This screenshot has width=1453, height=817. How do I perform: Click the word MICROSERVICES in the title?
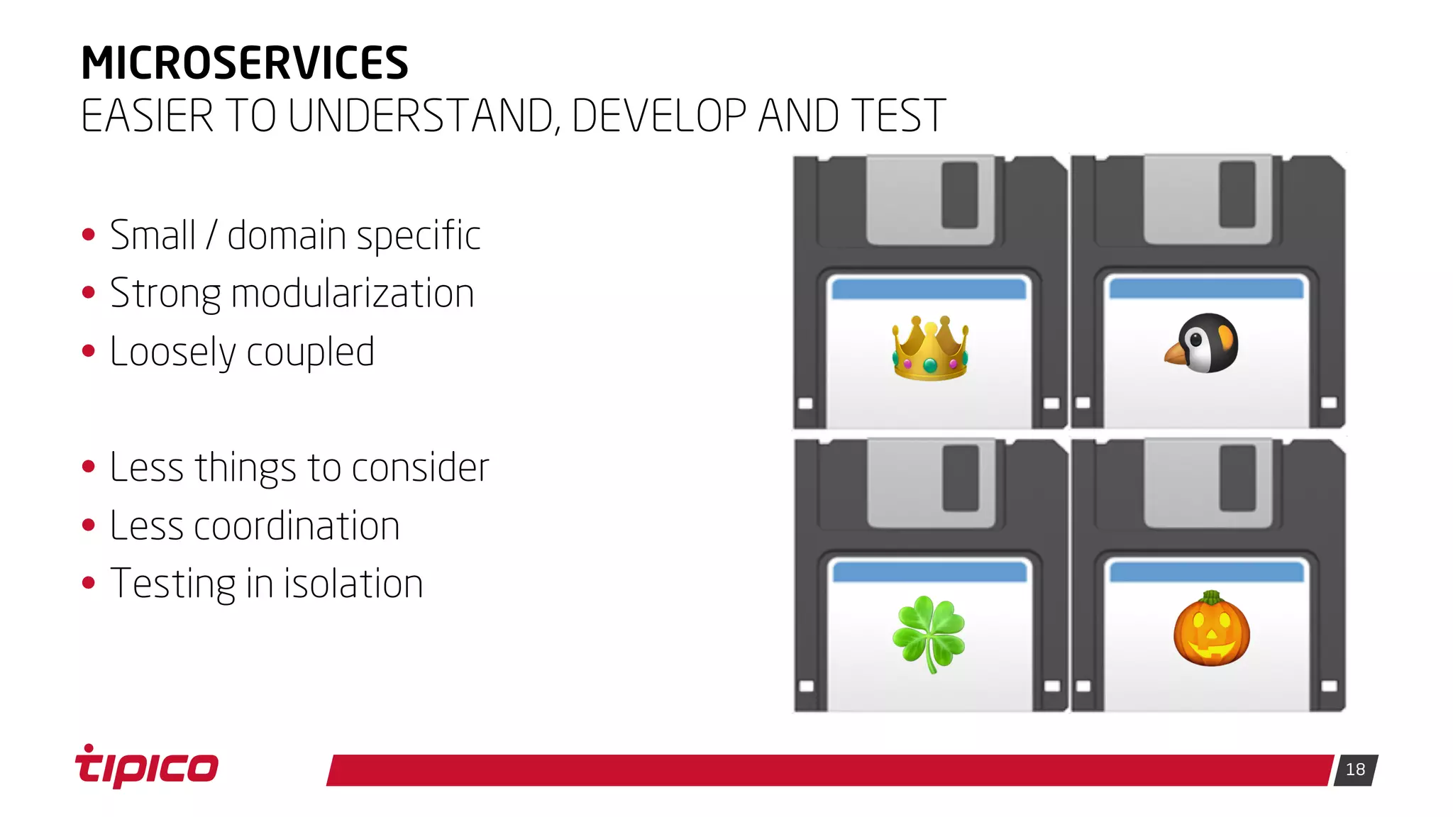pos(245,63)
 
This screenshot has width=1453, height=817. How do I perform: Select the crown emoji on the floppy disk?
pos(930,349)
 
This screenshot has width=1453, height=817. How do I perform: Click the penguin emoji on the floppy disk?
pos(1203,344)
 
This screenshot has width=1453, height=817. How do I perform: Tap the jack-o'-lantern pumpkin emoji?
pos(1211,630)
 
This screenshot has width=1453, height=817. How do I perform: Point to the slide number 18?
pos(1355,769)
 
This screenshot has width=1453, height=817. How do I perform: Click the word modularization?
pos(353,294)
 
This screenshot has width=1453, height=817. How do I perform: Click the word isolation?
pos(353,584)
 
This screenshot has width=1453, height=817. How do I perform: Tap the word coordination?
pos(297,526)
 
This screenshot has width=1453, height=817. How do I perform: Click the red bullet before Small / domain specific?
pos(89,235)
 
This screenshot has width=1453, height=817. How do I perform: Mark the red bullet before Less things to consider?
pos(89,467)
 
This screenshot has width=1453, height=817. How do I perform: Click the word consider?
pos(420,468)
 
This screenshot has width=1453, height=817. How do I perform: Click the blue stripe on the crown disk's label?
pos(929,289)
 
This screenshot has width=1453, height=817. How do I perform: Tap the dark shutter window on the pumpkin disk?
pos(1237,478)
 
